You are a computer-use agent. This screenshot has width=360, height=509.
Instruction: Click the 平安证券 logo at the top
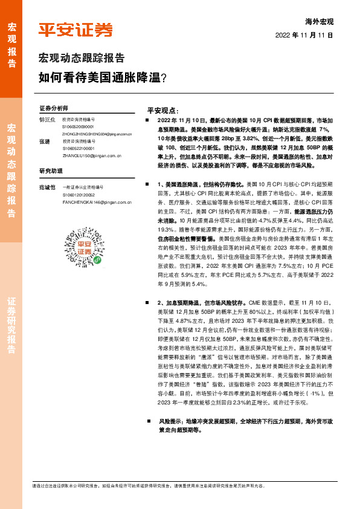(x=75, y=30)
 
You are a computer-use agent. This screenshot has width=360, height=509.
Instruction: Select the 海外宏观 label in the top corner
(x=320, y=21)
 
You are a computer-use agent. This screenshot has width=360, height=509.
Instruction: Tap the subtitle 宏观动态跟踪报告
(x=82, y=59)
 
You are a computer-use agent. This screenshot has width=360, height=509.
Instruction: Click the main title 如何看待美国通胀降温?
(x=102, y=77)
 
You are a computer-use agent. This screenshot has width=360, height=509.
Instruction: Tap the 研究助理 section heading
(x=50, y=170)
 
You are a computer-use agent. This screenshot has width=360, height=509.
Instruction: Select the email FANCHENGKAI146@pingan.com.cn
(x=97, y=201)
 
